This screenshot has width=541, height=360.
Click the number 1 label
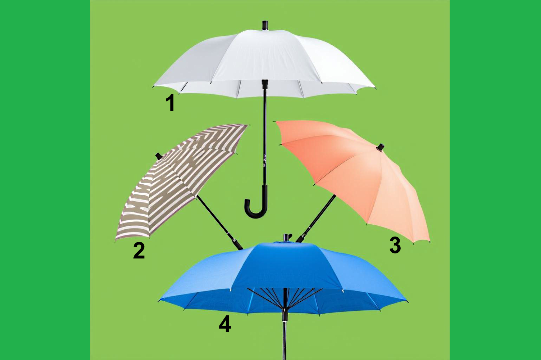click(171, 103)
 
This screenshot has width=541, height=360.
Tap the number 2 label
click(139, 250)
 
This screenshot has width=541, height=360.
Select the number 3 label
click(395, 245)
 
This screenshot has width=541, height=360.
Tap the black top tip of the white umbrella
click(265, 26)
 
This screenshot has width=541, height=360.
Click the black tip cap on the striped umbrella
click(159, 156)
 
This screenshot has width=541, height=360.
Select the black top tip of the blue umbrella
click(287, 237)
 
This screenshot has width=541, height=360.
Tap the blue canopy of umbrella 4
click(283, 278)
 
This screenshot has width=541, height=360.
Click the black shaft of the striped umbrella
click(220, 222)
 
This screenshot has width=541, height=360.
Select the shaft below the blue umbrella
click(285, 336)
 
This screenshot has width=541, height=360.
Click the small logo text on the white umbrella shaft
click(265, 161)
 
